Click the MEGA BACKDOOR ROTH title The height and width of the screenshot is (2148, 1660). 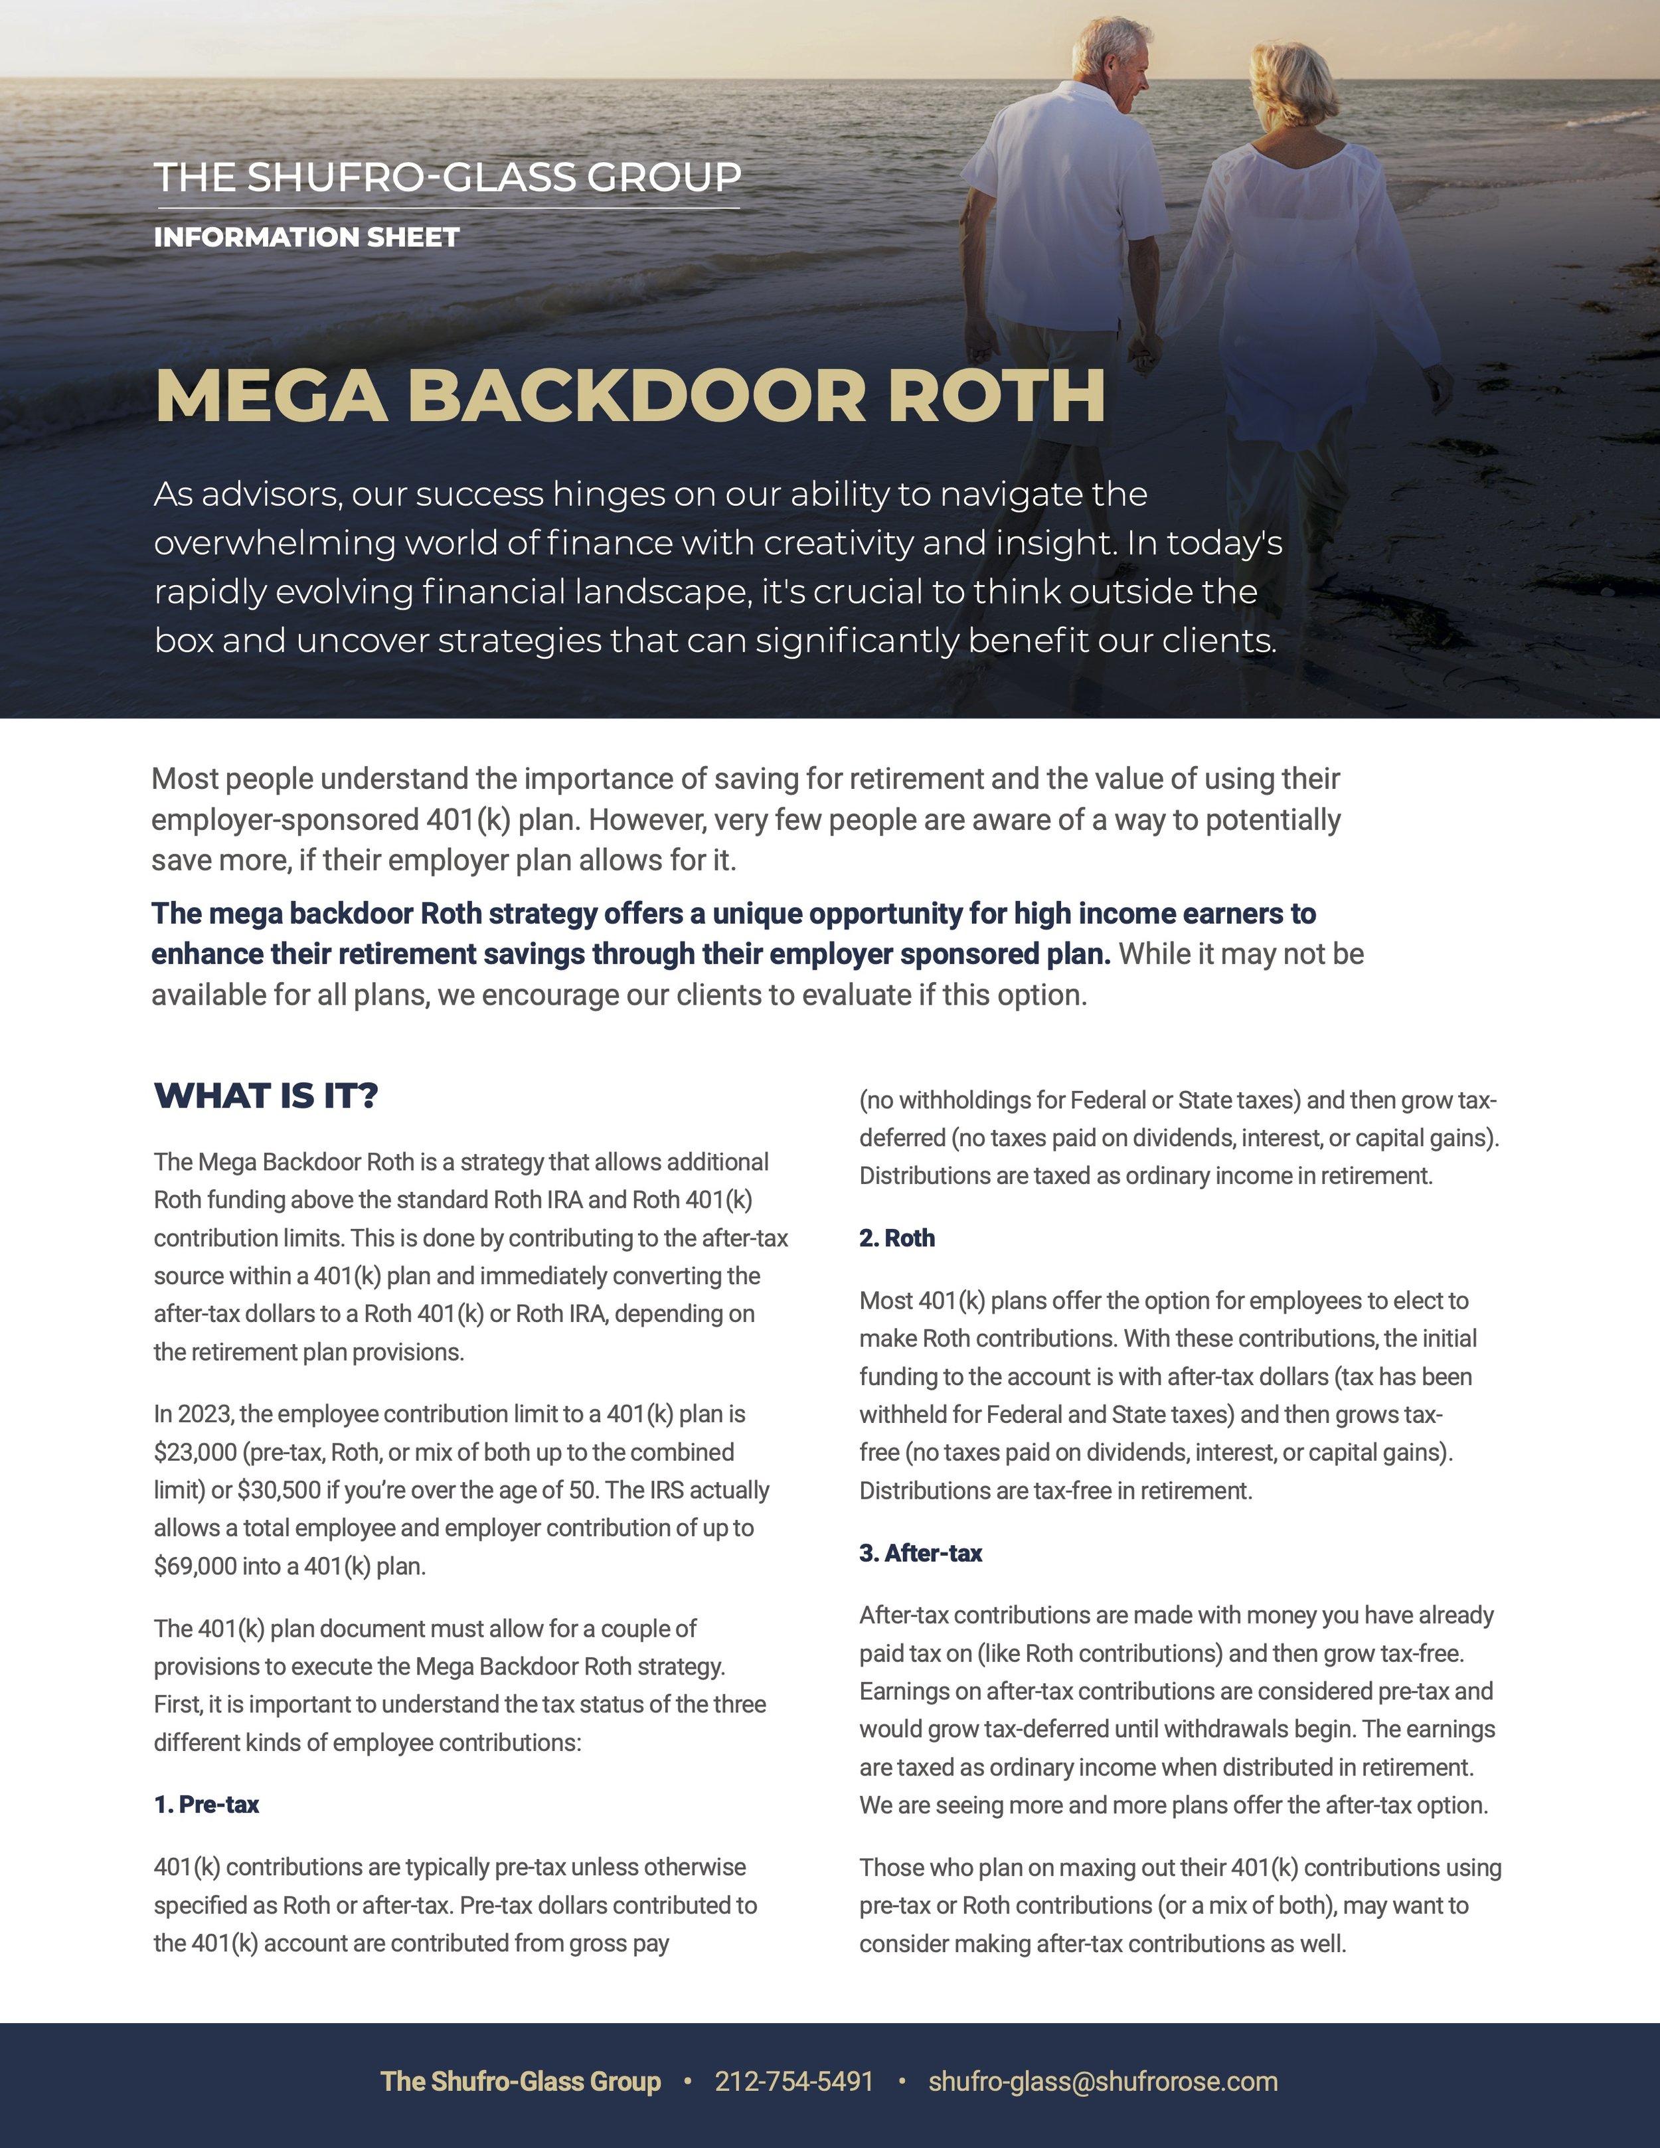(x=629, y=396)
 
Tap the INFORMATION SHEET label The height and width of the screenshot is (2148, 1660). (x=306, y=237)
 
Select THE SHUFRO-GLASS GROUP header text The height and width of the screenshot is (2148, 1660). (x=448, y=177)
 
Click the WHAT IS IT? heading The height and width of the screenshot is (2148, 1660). (x=266, y=1096)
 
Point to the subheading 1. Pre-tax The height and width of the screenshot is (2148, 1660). (x=207, y=1805)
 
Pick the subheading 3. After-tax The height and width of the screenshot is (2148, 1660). (x=920, y=1553)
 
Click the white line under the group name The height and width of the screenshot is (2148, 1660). (x=448, y=208)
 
